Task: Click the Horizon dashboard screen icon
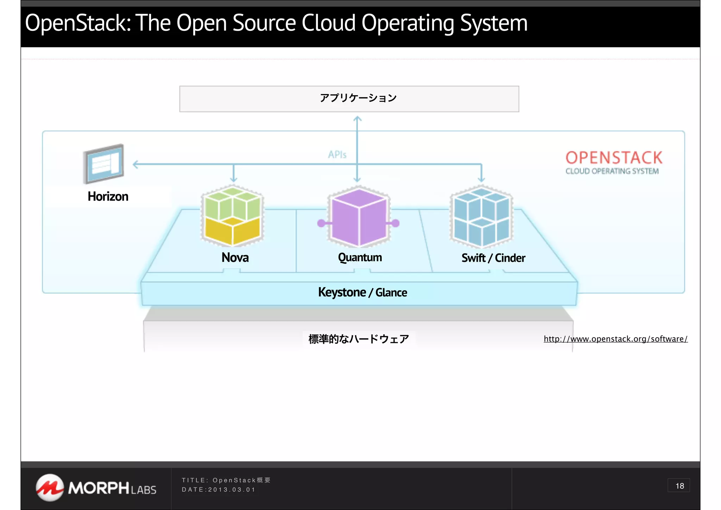pos(104,164)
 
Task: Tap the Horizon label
pos(108,196)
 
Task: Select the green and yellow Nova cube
pos(232,216)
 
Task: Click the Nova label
pos(235,257)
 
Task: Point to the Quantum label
pos(360,257)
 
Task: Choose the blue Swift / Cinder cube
pos(481,216)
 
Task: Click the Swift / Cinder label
pos(493,258)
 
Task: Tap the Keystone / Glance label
pos(362,292)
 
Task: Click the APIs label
pos(337,154)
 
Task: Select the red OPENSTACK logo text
pos(614,158)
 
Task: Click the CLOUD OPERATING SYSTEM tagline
pos(612,171)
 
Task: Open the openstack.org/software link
pos(615,339)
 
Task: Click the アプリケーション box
pos(349,99)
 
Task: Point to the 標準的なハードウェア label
pos(358,339)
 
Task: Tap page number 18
pos(679,486)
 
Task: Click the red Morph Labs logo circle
pos(50,487)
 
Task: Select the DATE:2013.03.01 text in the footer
pos(218,490)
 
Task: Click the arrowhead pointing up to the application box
pos(357,118)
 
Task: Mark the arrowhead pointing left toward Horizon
pos(136,164)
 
